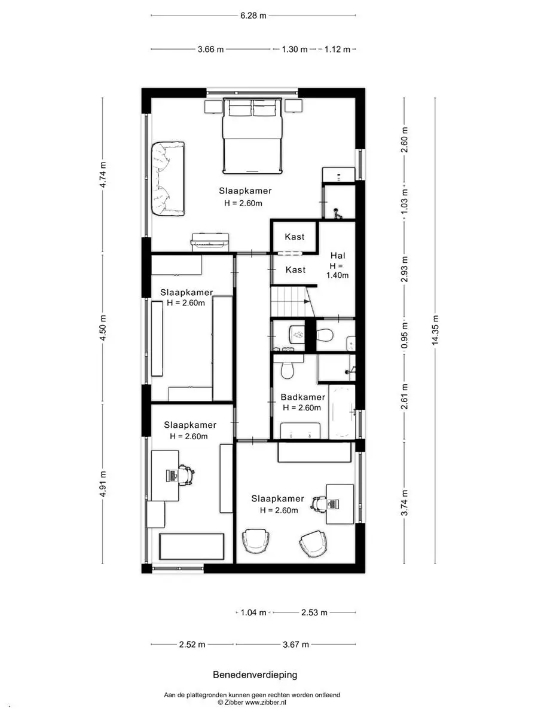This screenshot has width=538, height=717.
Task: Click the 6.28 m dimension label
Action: point(253,16)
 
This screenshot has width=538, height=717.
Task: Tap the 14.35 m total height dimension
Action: point(435,330)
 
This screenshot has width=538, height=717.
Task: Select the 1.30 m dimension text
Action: point(295,50)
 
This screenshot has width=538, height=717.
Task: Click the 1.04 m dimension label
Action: point(253,612)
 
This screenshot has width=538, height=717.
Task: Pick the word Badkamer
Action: point(303,397)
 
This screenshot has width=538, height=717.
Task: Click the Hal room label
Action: point(338,256)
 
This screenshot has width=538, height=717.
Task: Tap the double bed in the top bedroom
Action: point(252,136)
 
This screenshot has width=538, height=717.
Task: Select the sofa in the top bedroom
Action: point(168,179)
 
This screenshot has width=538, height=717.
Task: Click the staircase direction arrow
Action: point(307,301)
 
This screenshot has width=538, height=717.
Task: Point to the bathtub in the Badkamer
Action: point(342,412)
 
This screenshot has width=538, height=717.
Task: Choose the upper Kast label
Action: point(295,237)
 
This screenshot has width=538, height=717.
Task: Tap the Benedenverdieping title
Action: point(255,675)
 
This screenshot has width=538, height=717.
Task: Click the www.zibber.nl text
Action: point(265,702)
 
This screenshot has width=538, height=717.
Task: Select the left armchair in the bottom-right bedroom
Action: point(256,541)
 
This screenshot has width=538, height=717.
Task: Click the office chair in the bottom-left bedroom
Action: point(185,475)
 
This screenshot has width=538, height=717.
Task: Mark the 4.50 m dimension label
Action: point(103,327)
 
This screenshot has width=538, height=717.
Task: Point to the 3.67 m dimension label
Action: point(296,645)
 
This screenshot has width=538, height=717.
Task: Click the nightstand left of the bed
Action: point(213,106)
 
